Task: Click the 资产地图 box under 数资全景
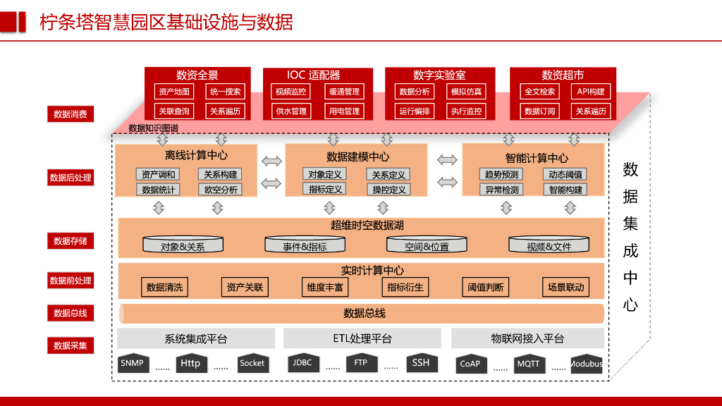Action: coord(173,92)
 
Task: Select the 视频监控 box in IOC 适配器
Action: coord(290,92)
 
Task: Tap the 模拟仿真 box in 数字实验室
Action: coord(467,92)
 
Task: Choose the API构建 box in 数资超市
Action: coord(590,92)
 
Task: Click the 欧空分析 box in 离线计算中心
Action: coord(221,190)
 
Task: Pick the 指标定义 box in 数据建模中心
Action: coord(325,189)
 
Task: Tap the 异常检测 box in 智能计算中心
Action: coord(502,190)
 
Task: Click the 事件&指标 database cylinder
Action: coord(305,245)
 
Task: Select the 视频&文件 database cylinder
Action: coord(549,245)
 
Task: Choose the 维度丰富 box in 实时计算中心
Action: coord(325,287)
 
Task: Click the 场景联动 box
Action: coord(566,287)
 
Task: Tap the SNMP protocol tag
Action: coord(132,364)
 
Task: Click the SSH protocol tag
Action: coord(420,363)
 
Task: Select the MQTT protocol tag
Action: coord(528,364)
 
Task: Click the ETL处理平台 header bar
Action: coord(362,338)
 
